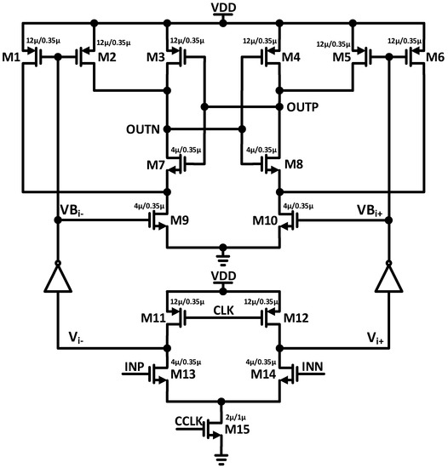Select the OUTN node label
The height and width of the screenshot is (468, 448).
point(143,129)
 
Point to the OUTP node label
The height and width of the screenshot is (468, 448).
point(304,108)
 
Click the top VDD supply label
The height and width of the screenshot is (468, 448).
point(224,8)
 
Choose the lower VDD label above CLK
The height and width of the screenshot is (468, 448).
point(224,279)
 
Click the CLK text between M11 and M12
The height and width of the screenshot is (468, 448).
point(224,312)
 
